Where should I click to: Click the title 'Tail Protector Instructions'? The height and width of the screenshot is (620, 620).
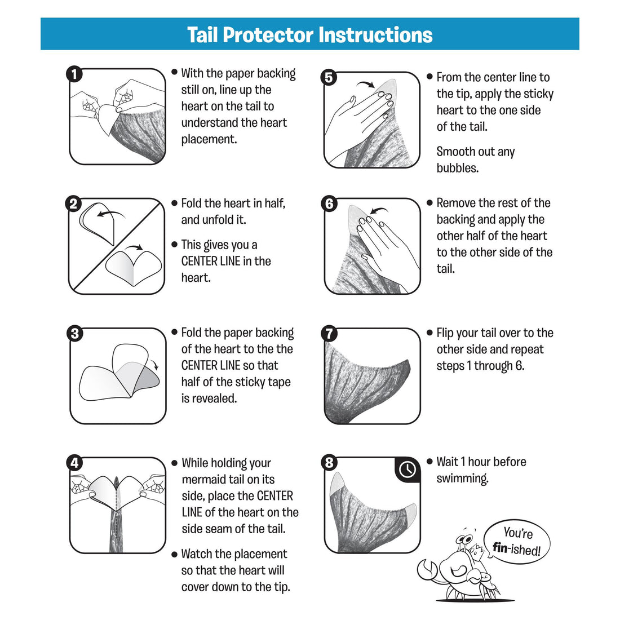[309, 34]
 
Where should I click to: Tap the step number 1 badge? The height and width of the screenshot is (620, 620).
[74, 74]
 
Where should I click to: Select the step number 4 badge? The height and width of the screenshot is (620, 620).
[74, 463]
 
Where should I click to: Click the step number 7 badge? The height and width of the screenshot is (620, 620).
[329, 334]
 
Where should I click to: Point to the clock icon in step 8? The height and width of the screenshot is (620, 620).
[407, 470]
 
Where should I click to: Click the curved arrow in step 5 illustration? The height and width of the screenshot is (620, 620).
[367, 84]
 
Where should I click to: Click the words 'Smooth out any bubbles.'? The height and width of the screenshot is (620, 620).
[476, 160]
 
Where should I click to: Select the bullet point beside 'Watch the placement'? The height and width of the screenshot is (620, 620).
[174, 554]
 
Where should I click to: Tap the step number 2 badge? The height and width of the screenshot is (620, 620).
[74, 204]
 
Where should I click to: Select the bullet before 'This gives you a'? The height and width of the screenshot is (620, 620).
[174, 245]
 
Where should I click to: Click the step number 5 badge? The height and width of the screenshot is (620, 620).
[329, 78]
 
